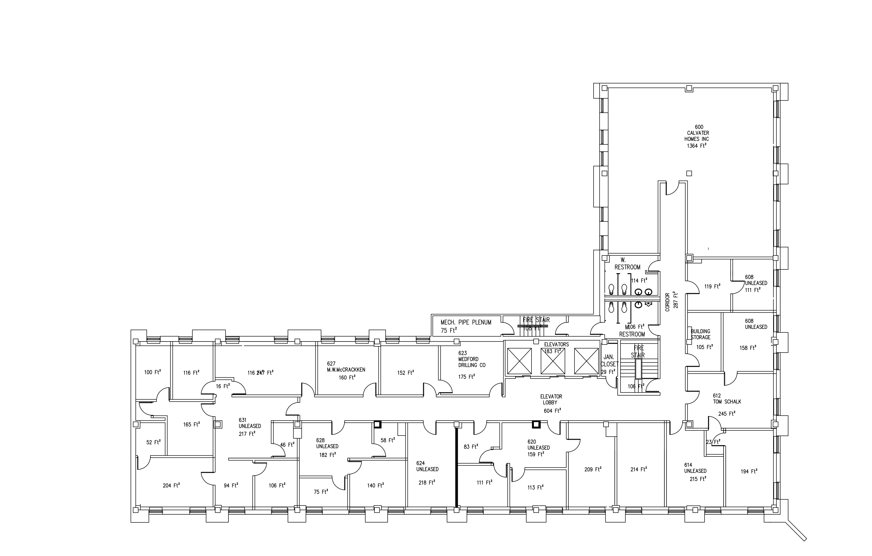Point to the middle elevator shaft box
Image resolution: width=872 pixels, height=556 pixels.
pos(553,361)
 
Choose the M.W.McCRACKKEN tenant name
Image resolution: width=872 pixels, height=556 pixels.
pos(346,369)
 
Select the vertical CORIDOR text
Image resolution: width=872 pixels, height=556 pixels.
pos(667,302)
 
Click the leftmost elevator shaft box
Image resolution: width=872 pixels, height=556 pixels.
pos(519,361)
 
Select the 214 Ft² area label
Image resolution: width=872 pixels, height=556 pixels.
pos(638,469)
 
